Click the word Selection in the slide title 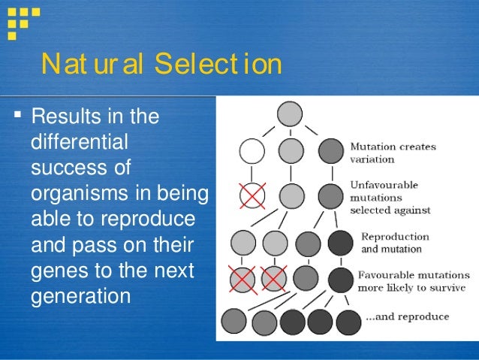click(x=218, y=65)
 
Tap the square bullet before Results click(x=18, y=117)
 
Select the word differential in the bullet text click(x=79, y=142)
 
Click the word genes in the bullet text click(x=57, y=271)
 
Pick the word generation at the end click(x=80, y=296)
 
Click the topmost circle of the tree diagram click(x=290, y=114)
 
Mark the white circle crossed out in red click(x=252, y=195)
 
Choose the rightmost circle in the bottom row click(x=349, y=322)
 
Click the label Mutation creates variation click(x=393, y=153)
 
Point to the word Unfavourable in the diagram click(x=384, y=185)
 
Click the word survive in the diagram click(x=448, y=287)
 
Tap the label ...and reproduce click(x=406, y=316)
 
